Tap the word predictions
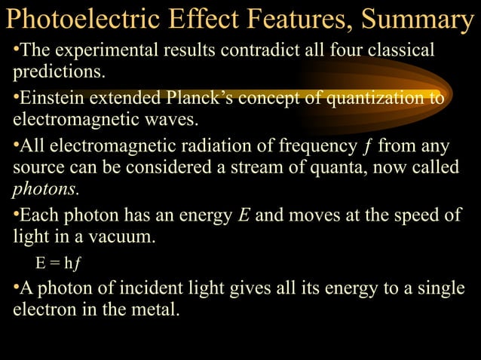pos(56,73)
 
